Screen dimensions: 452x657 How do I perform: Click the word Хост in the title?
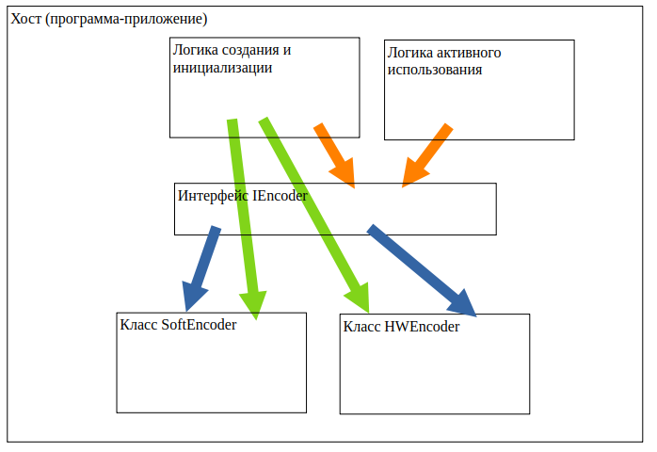pos(25,19)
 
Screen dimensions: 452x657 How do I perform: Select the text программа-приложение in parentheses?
pos(120,19)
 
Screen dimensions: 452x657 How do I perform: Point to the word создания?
pos(248,50)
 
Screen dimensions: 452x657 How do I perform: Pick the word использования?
pos(436,69)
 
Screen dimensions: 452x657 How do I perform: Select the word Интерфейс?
pos(213,196)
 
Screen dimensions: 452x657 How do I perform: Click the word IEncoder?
pos(281,196)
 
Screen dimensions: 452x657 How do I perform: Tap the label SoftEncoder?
pos(199,325)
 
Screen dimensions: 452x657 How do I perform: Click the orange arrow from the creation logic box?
pos(335,154)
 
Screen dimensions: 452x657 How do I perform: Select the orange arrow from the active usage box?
pos(426,155)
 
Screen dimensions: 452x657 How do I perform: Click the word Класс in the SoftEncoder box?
pos(139,325)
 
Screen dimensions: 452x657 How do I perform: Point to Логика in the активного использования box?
pos(410,52)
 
